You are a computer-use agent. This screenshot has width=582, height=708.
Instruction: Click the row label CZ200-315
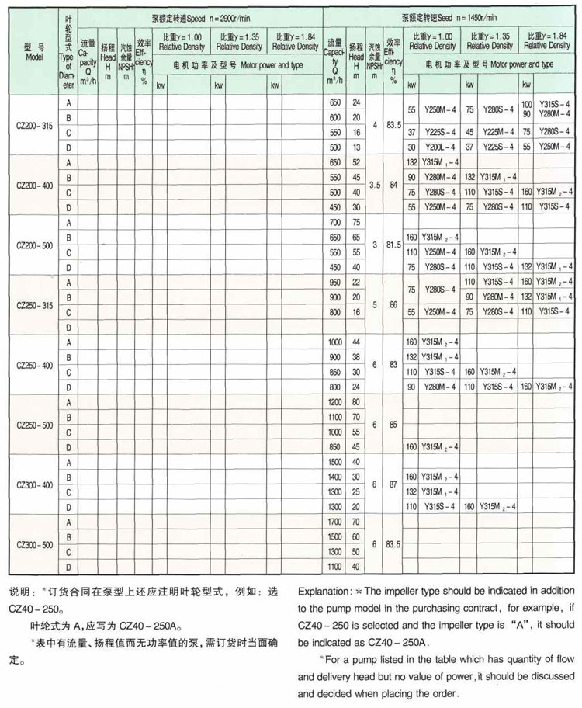coord(33,124)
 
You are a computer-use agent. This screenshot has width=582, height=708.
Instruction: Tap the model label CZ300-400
coord(33,484)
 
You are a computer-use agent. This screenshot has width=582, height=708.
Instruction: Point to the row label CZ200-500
coord(33,245)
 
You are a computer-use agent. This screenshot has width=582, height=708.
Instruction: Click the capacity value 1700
coord(334,522)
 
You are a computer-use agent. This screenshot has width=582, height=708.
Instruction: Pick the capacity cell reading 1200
coord(334,402)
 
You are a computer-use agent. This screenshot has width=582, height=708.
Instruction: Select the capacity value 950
coord(334,282)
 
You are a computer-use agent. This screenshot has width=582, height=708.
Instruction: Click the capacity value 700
coord(334,222)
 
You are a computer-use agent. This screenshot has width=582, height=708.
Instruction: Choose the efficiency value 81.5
coord(395,245)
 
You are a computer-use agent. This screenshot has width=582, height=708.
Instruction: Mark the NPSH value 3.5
coord(375,185)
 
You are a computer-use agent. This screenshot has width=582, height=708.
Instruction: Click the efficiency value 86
coord(395,304)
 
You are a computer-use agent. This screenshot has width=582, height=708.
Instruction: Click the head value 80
coord(356,402)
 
